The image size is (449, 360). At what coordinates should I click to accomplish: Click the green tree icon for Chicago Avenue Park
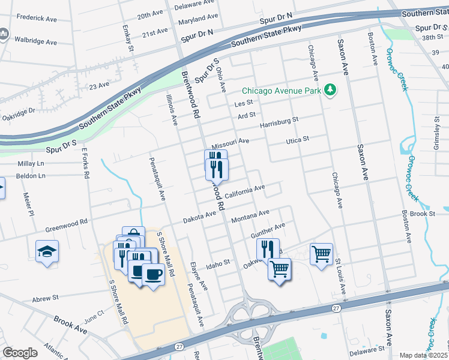pyautogui.click(x=329, y=91)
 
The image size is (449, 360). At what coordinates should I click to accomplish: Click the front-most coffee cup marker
pyautogui.click(x=153, y=275)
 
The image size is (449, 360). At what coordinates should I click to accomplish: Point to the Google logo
pyautogui.click(x=20, y=353)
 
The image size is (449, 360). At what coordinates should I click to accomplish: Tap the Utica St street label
pyautogui.click(x=297, y=139)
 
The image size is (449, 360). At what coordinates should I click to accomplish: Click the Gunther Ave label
pyautogui.click(x=268, y=230)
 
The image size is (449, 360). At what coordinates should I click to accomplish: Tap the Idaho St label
pyautogui.click(x=218, y=263)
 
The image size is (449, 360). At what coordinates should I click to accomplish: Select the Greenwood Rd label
pyautogui.click(x=66, y=225)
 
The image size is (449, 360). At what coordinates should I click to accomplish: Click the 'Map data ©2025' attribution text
pyautogui.click(x=424, y=355)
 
